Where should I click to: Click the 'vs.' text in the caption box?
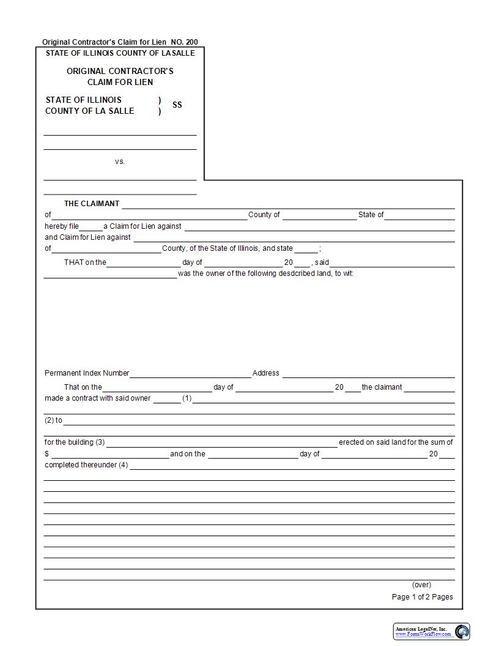(x=120, y=161)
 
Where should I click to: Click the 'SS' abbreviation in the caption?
(x=177, y=105)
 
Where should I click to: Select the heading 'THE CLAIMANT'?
(x=92, y=204)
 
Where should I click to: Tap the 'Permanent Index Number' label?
(x=87, y=373)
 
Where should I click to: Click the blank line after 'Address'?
(x=368, y=374)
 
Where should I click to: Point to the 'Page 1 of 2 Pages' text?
(x=422, y=597)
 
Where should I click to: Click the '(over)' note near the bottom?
(x=421, y=585)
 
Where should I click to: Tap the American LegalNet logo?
(x=431, y=631)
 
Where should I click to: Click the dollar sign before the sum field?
(x=46, y=455)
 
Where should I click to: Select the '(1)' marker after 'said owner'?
(x=187, y=398)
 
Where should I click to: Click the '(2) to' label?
(x=53, y=420)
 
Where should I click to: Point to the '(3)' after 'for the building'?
(x=100, y=442)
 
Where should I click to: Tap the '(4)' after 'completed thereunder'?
(x=123, y=465)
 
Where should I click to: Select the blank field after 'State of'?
(x=420, y=215)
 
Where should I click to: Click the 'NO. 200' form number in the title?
(x=184, y=42)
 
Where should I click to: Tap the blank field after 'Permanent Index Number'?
(x=190, y=374)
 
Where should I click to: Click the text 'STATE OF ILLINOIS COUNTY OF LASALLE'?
(x=120, y=53)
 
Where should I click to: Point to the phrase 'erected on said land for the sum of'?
(x=396, y=442)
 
